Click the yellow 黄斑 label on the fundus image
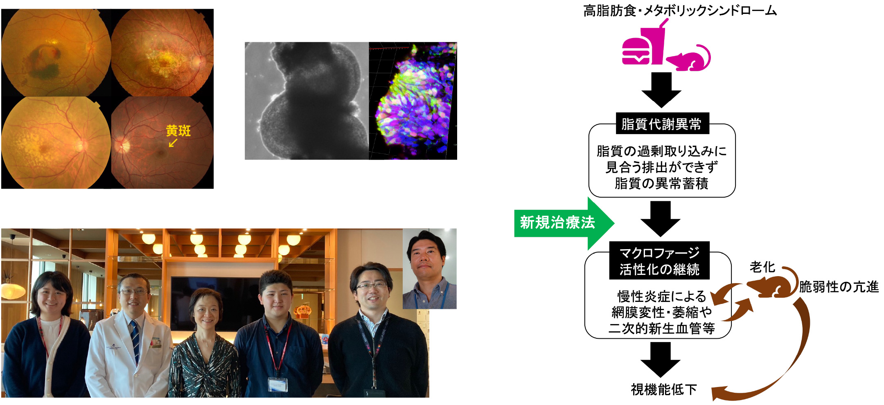[x=178, y=131]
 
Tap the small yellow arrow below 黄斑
[x=173, y=143]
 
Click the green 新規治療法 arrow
[x=564, y=223]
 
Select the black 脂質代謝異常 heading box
[x=662, y=124]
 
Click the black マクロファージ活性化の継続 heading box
[x=659, y=261]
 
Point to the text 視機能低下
[x=663, y=389]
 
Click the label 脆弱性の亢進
[x=839, y=287]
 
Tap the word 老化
[x=762, y=267]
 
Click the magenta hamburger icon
[x=636, y=51]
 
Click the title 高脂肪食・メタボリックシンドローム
[x=680, y=10]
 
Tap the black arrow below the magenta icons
[x=661, y=90]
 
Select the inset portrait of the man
[x=429, y=269]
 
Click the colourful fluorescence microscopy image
[x=413, y=101]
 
